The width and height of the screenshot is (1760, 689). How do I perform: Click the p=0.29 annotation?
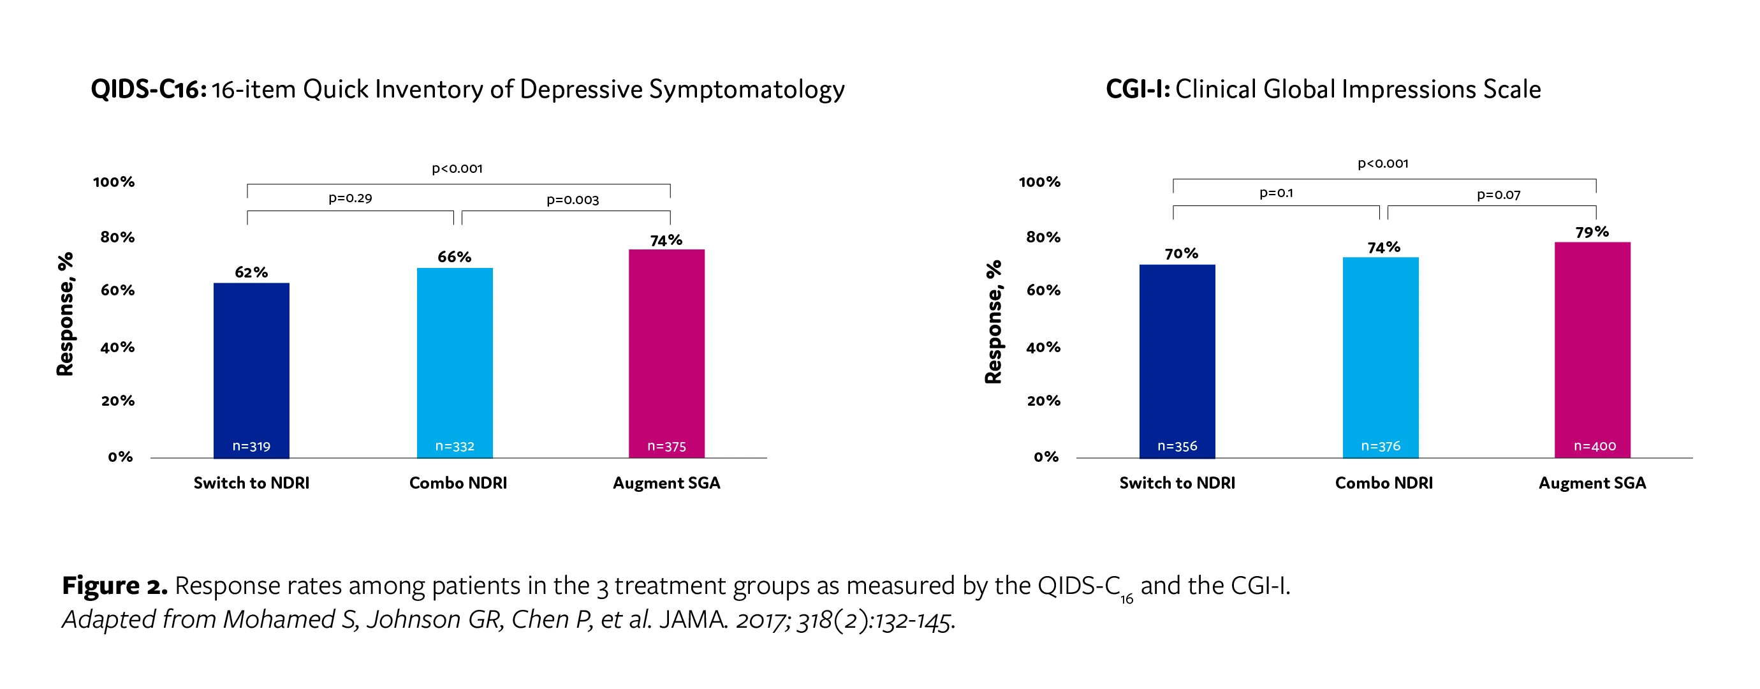350,198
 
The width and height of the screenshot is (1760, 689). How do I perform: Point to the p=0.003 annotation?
573,200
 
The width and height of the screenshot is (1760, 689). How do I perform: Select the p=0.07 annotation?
1499,195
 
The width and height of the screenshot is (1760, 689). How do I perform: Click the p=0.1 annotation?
1275,193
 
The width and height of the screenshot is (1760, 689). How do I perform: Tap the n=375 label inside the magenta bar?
666,447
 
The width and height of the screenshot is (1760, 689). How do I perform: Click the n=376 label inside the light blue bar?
1381,447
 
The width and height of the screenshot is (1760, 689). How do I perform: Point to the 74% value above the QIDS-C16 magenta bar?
666,241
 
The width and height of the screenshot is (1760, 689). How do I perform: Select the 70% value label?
1181,254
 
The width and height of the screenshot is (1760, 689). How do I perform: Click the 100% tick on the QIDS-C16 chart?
114,182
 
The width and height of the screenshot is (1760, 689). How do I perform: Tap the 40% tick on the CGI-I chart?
1043,347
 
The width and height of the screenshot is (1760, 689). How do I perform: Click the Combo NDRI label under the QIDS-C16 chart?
458,484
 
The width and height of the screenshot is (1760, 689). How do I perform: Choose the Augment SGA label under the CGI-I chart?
1592,484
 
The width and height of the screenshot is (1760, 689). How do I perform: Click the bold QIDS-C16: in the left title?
148,89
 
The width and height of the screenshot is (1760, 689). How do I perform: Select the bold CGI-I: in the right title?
1138,89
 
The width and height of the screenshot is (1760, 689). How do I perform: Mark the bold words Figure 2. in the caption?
114,586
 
